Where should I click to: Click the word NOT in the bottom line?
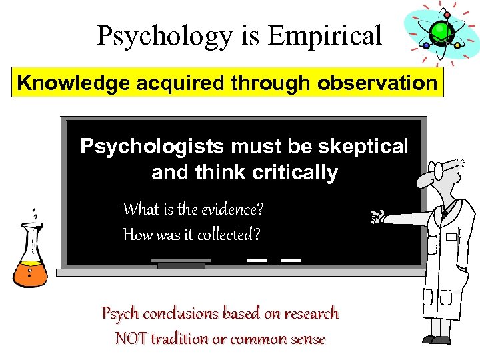(131, 339)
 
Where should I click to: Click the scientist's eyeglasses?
(441, 171)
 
